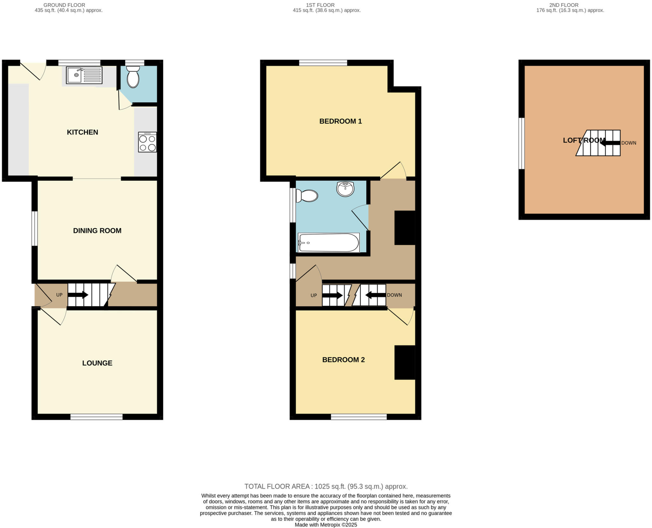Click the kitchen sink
coord(84,75)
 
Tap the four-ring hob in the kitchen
coord(147,142)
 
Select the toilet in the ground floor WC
coord(133,77)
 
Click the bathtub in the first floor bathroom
coord(329,243)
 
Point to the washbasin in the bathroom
coord(345,189)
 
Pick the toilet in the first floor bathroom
coord(307,196)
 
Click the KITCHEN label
coord(82,132)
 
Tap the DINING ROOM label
coord(97,231)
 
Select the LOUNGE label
coord(97,363)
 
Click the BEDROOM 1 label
coord(340,121)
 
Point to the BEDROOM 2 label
coord(343,360)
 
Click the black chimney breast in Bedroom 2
coord(405,363)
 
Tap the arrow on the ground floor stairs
coord(78,295)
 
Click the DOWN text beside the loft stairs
coord(628,143)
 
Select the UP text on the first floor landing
coord(314,295)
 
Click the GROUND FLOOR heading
coord(64,5)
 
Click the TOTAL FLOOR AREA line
coord(326,486)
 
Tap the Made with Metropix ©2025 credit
coord(326,525)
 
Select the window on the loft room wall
coord(521,144)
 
